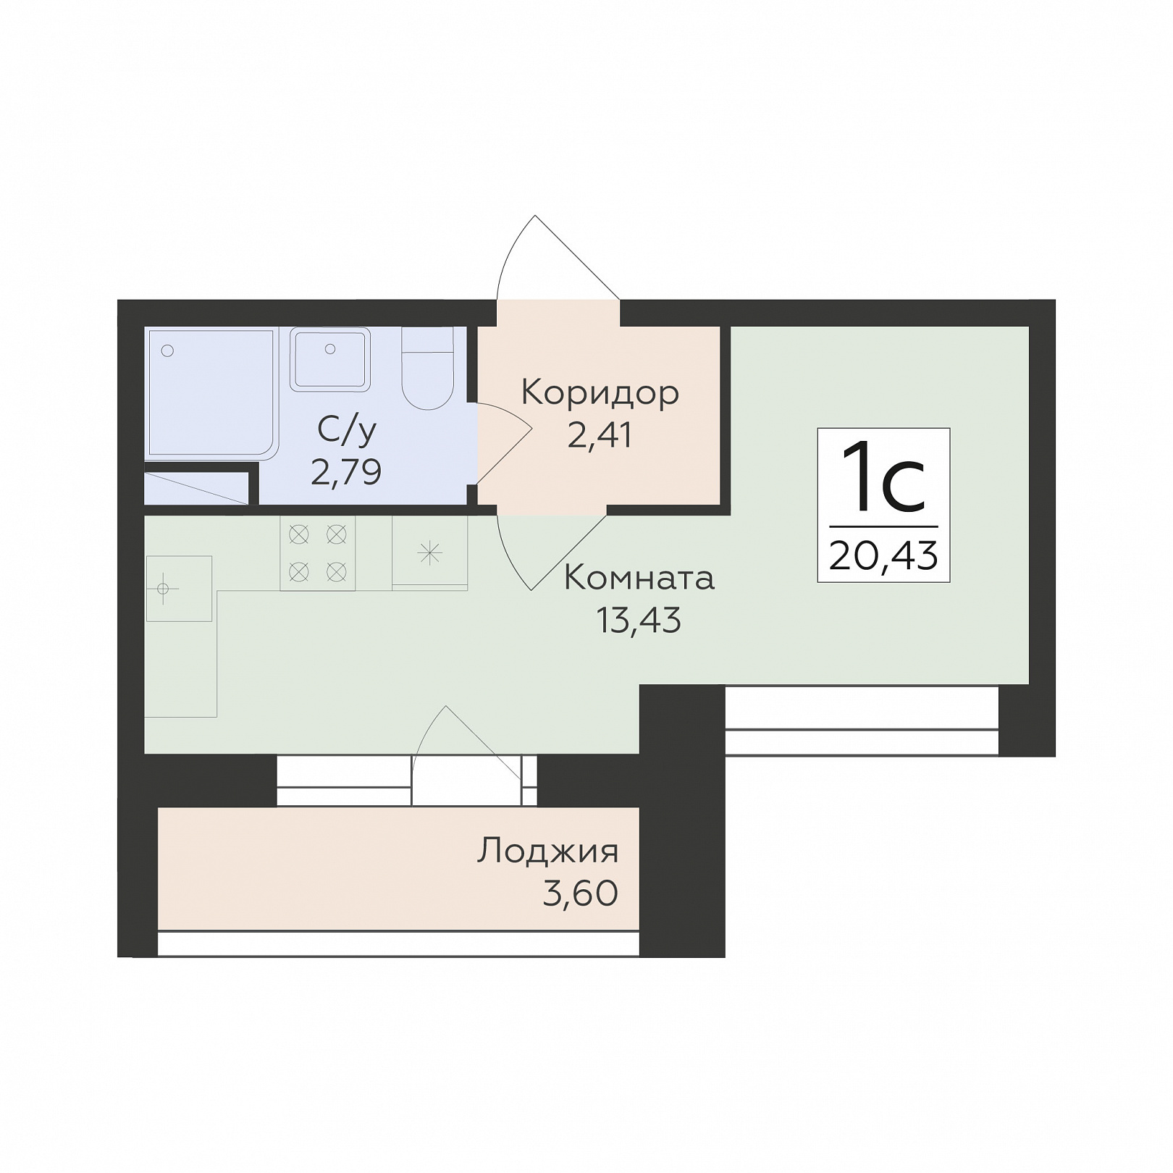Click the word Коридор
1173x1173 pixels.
click(600, 394)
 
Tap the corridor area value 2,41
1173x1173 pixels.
click(600, 435)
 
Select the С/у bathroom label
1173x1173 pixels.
click(347, 432)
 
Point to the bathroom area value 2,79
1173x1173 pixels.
click(346, 472)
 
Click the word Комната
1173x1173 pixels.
click(639, 578)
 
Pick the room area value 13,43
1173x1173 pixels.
click(639, 620)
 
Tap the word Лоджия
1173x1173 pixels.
click(548, 852)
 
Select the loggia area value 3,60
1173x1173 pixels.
click(581, 893)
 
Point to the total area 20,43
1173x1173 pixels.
click(884, 556)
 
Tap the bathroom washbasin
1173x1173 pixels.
click(330, 359)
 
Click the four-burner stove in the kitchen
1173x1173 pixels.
click(318, 553)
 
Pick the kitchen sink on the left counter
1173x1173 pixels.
click(179, 589)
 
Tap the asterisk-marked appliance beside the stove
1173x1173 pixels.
click(430, 553)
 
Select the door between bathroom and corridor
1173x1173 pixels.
click(505, 443)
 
